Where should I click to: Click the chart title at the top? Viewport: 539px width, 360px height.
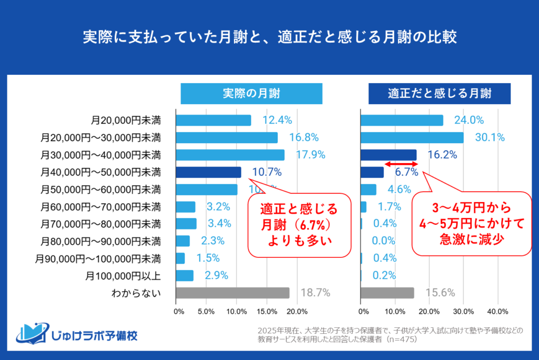pyautogui.click(x=269, y=38)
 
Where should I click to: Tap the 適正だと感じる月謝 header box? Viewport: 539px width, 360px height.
pyautogui.click(x=440, y=94)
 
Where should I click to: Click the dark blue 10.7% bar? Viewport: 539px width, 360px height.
pyautogui.click(x=208, y=172)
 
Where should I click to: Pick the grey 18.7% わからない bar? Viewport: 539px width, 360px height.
pyautogui.click(x=233, y=293)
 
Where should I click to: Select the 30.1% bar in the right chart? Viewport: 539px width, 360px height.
pyautogui.click(x=412, y=138)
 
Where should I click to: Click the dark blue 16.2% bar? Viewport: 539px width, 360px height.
pyautogui.click(x=388, y=155)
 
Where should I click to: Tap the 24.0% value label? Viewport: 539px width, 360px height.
pyautogui.click(x=468, y=121)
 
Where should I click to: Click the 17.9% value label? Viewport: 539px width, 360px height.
pyautogui.click(x=310, y=155)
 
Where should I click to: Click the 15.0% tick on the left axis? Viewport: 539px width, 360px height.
pyautogui.click(x=267, y=311)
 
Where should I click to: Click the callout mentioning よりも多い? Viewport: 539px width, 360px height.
pyautogui.click(x=299, y=225)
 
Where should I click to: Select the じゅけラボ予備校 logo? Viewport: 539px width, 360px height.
pyautogui.click(x=76, y=333)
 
